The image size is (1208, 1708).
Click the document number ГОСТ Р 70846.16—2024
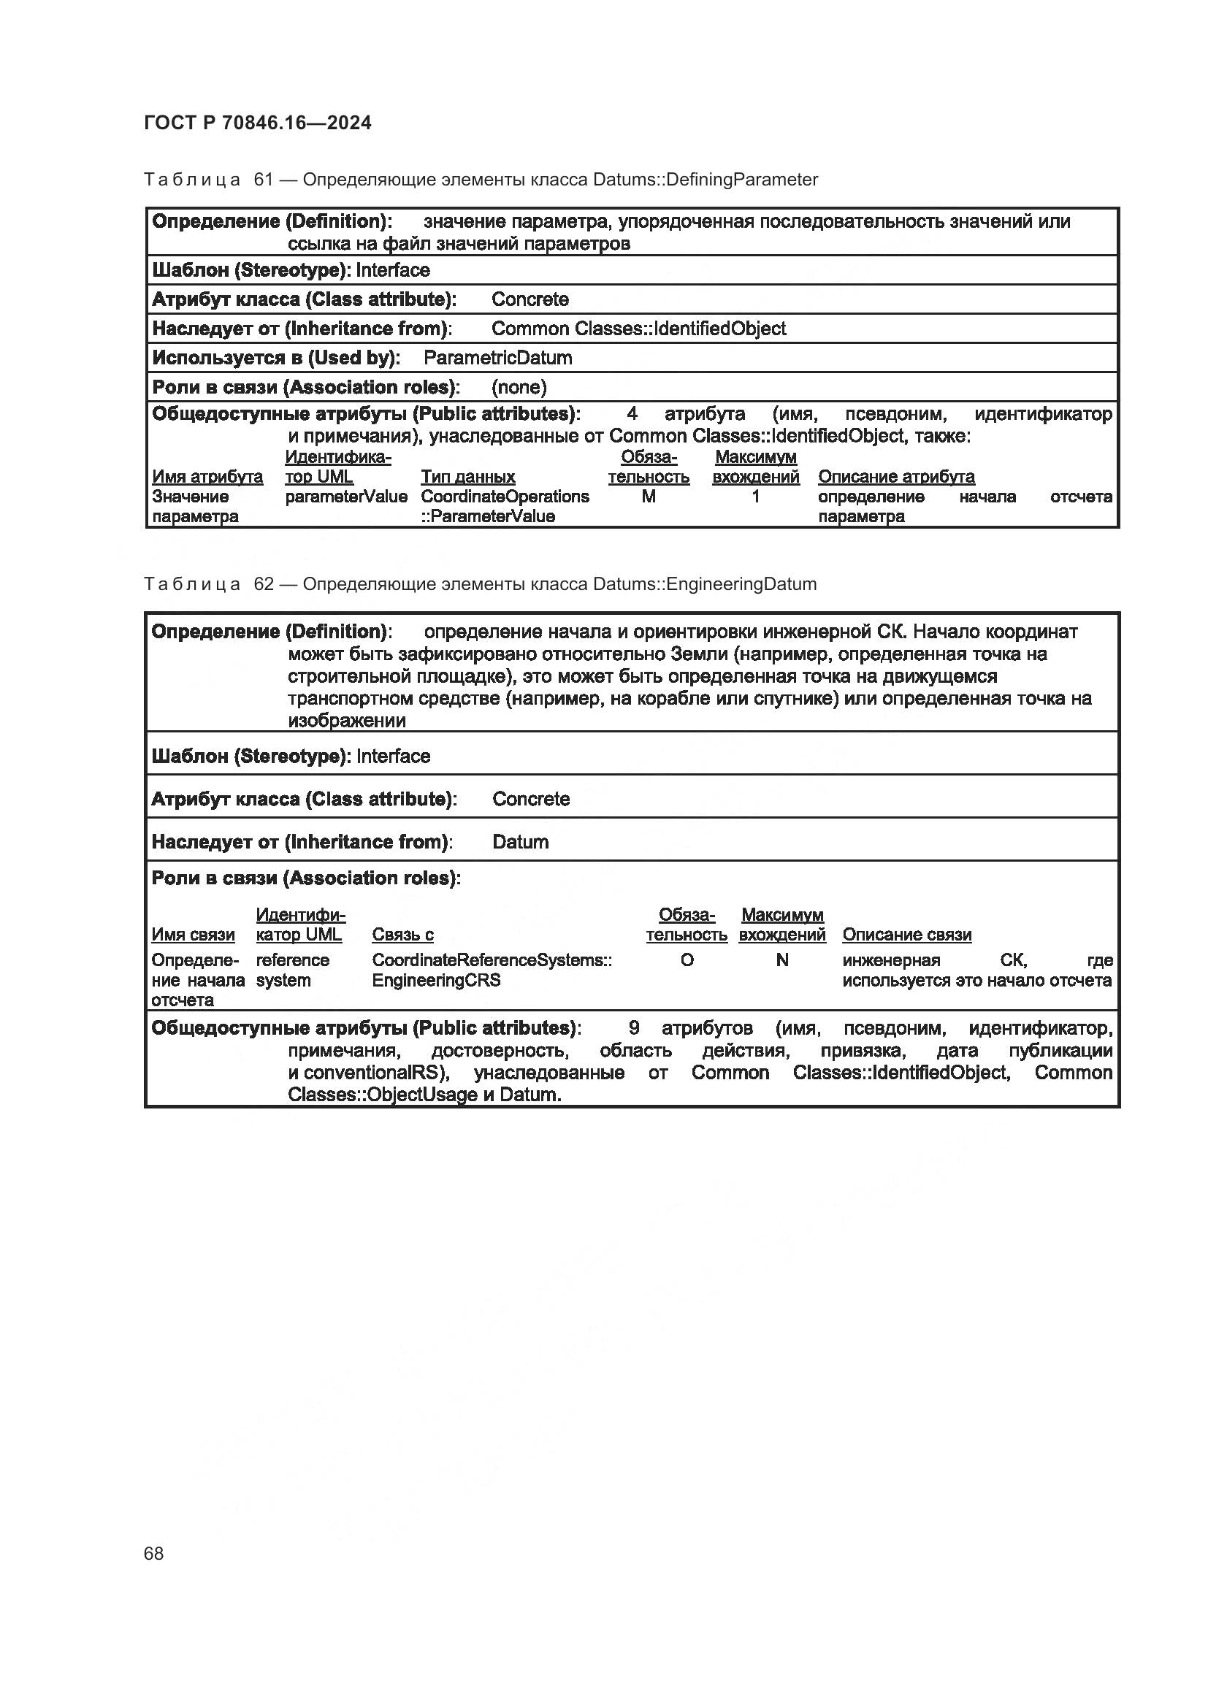(257, 123)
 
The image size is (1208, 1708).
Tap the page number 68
(154, 1553)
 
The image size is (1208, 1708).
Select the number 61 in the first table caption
(264, 180)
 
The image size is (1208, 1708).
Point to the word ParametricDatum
(497, 358)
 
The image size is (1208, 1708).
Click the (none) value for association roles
(519, 387)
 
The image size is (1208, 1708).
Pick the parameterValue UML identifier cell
(346, 496)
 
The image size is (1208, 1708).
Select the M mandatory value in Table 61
(649, 496)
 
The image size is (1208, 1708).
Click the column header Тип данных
(468, 477)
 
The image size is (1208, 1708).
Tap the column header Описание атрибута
(896, 477)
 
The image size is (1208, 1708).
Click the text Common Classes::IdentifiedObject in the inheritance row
(638, 329)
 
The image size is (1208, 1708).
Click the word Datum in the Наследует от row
(521, 842)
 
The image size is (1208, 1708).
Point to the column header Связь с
(402, 935)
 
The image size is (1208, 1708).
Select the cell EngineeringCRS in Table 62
(436, 980)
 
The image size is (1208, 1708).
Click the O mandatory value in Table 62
(687, 960)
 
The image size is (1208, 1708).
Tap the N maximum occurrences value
(781, 960)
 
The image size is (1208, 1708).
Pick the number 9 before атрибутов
(634, 1028)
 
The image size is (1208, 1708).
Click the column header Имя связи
(193, 935)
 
